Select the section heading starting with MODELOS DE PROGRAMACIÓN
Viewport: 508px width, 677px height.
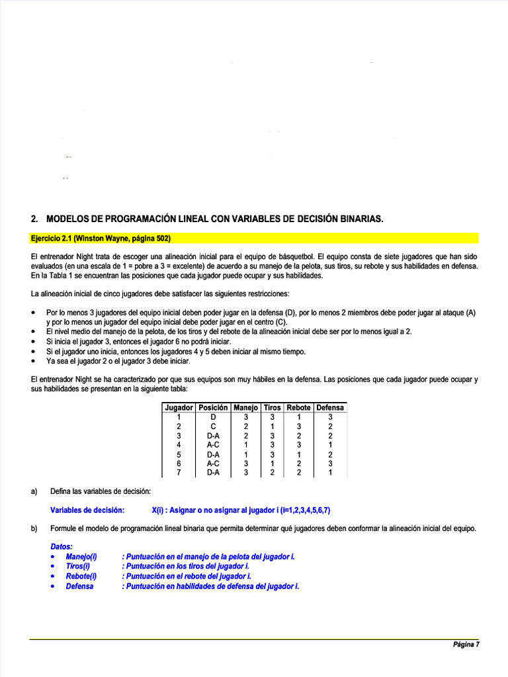[207, 219]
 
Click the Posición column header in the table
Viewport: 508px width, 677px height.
[213, 408]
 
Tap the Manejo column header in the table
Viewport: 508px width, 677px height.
[245, 408]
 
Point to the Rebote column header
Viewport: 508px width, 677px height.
[298, 408]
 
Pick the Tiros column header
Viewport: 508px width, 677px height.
[272, 408]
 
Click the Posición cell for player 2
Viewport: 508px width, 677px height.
[213, 426]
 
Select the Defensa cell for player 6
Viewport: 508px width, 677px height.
[330, 463]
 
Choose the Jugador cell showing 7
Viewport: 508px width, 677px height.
[179, 473]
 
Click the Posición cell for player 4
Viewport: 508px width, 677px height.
[213, 445]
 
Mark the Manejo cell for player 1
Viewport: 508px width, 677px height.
[245, 417]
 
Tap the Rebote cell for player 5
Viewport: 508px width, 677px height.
[298, 454]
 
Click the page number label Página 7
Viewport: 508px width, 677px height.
[466, 645]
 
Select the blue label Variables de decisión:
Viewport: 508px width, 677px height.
[87, 510]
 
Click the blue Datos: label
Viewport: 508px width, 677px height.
[62, 547]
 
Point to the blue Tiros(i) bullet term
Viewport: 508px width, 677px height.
[77, 567]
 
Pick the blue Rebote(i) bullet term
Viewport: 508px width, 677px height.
[81, 577]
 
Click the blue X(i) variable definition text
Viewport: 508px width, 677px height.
[241, 510]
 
